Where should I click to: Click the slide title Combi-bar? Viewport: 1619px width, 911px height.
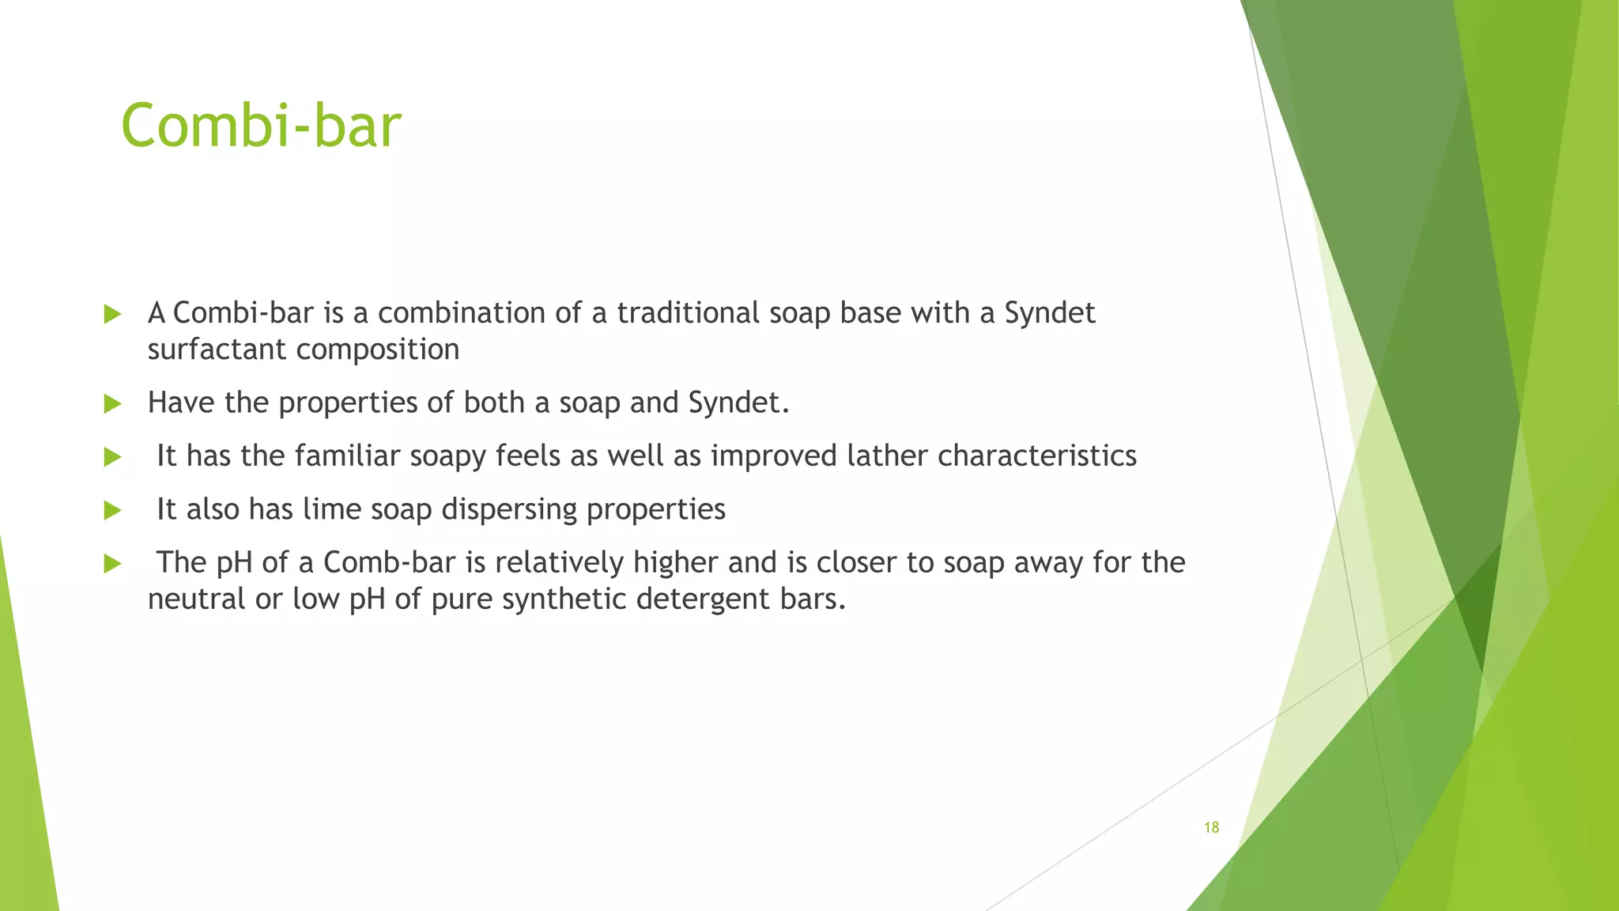click(x=261, y=127)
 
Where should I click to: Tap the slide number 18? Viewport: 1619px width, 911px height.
click(x=1211, y=828)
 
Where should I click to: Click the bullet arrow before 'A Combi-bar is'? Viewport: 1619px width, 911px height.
click(x=112, y=315)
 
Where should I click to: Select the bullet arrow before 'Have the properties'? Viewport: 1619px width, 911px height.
click(x=112, y=404)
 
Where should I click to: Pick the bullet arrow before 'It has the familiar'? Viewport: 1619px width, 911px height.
click(x=112, y=457)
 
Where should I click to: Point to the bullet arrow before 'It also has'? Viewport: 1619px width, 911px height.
click(x=112, y=511)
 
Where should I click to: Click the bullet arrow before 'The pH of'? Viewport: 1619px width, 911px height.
click(x=112, y=564)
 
